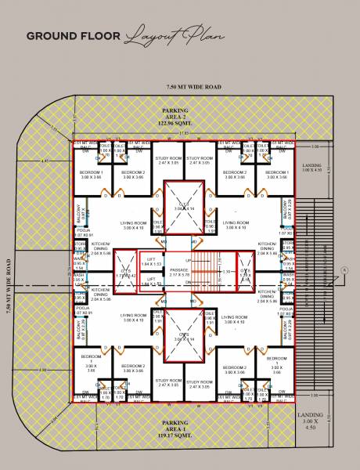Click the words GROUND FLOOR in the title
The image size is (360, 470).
[73, 36]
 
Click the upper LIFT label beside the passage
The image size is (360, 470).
[149, 262]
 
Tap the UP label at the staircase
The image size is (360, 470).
[188, 260]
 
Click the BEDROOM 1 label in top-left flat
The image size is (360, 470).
[93, 174]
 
